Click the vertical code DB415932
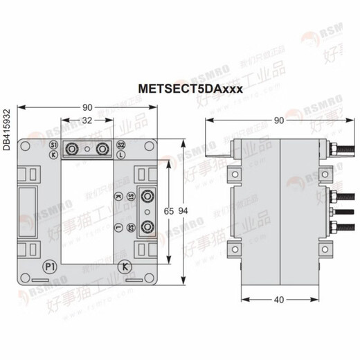pos(7,129)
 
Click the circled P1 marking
pos(50,267)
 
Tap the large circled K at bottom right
pos(125,267)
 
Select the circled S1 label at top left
pos(53,145)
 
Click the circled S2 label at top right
pos(120,145)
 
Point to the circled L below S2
pos(120,156)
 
